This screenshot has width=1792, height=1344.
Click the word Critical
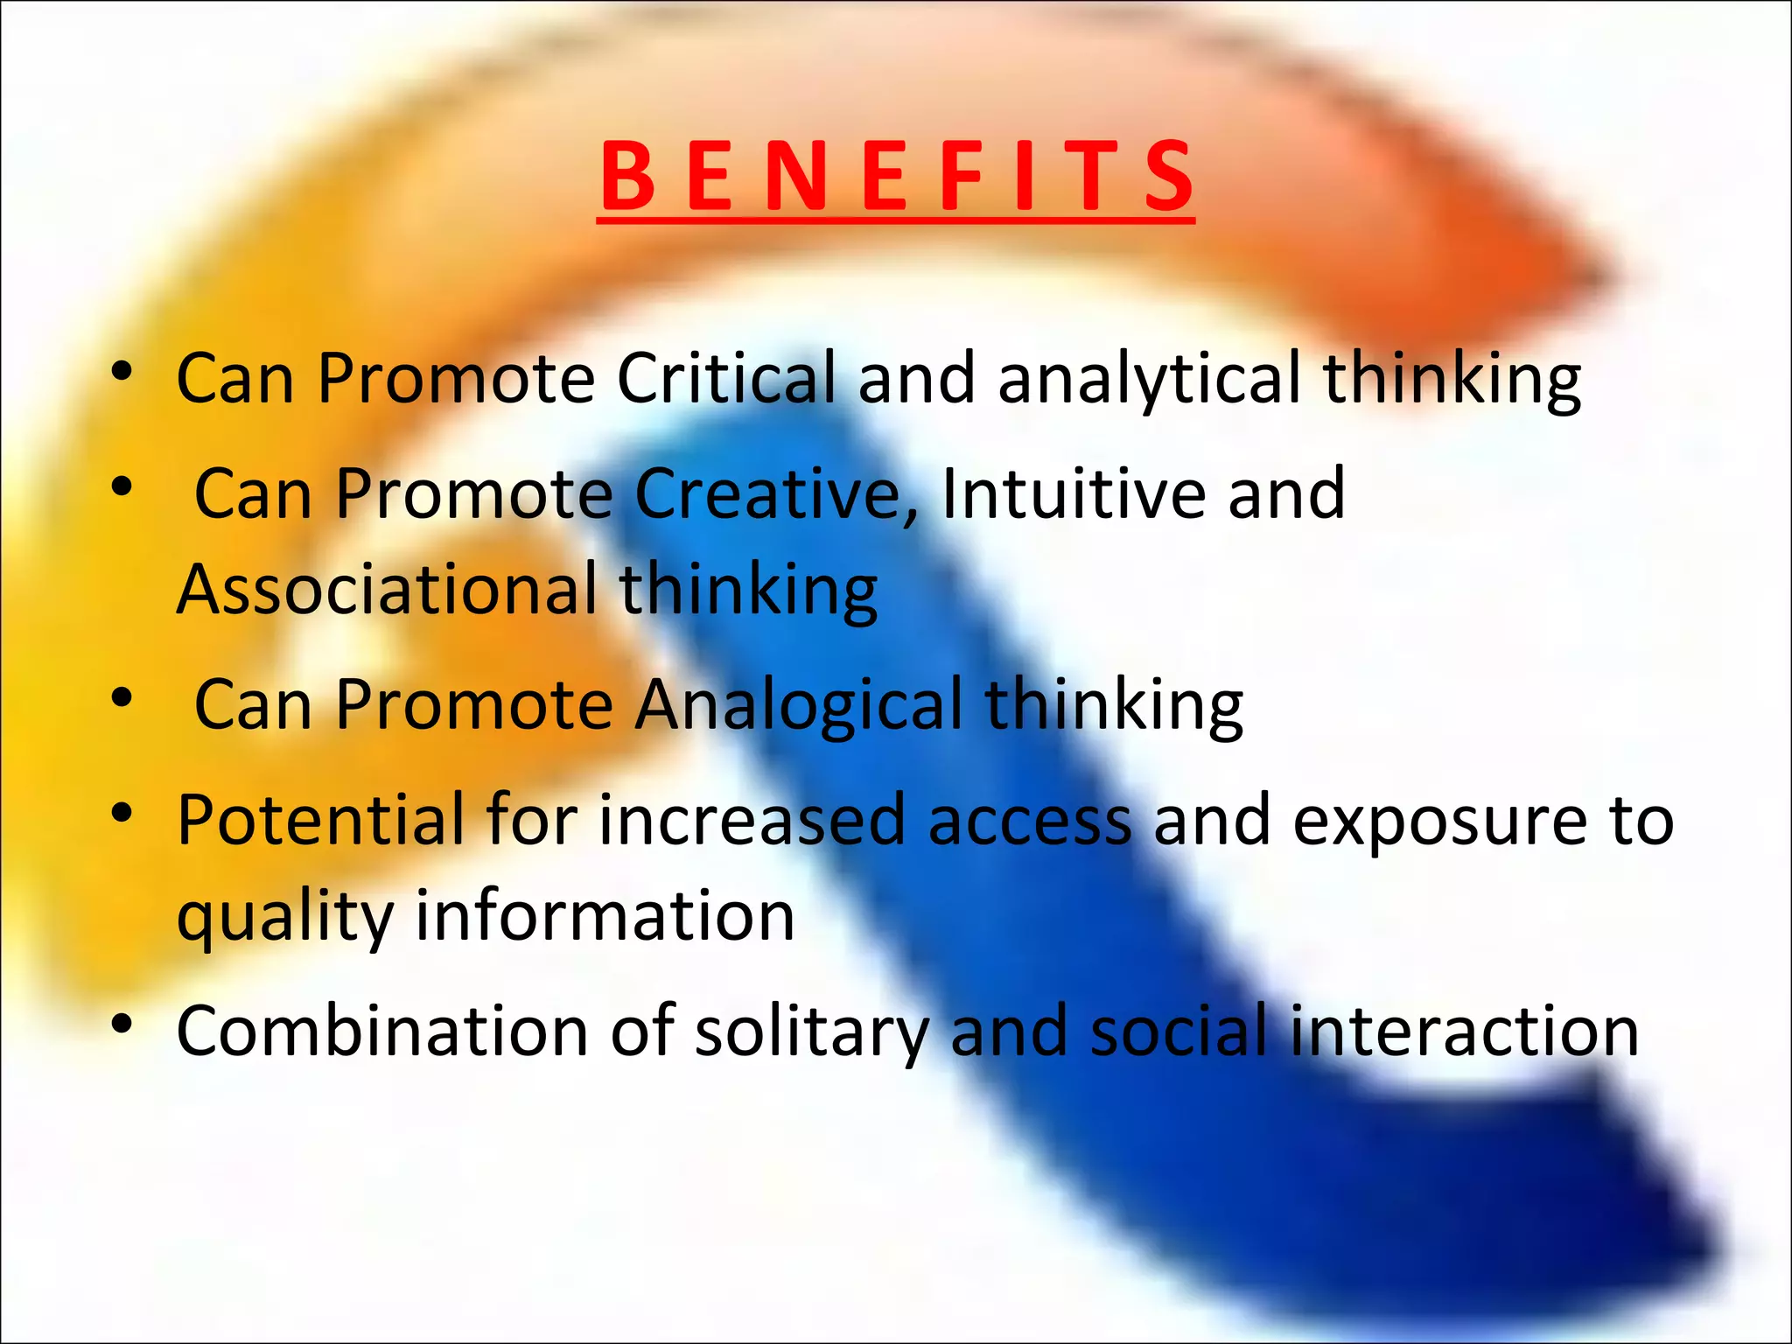725,378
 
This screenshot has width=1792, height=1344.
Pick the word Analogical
796,704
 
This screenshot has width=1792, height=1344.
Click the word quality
284,918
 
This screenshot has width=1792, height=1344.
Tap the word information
605,916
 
